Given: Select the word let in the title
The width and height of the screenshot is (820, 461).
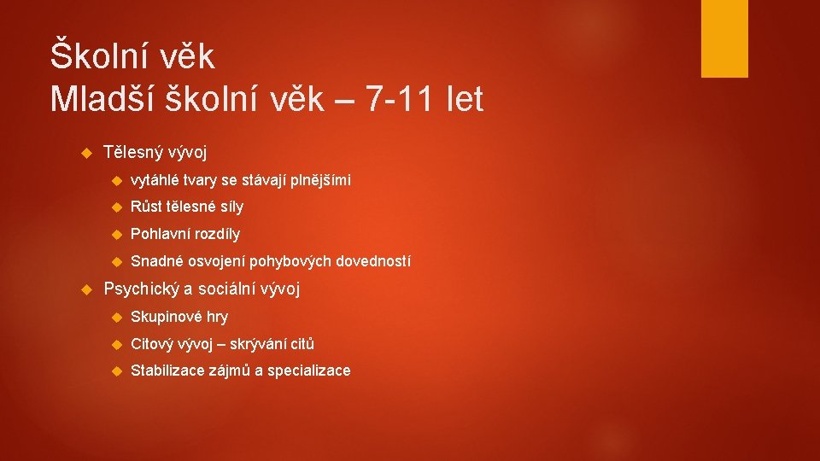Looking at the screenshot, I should tap(464, 100).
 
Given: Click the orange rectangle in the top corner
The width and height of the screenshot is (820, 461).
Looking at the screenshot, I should tap(724, 38).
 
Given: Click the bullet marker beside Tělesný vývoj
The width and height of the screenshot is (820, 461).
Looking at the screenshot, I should tap(85, 153).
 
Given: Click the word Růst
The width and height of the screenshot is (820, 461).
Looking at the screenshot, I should tap(146, 207).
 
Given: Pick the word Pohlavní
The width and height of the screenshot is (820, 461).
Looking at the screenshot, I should tap(161, 234).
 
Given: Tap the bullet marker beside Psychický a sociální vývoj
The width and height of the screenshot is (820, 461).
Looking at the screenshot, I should tap(85, 289).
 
